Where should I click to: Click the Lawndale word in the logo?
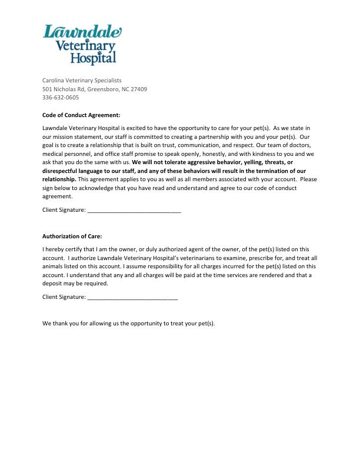(82, 32)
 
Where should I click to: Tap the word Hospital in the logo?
(93, 58)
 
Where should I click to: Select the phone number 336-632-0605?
(61, 98)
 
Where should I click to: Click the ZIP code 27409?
(139, 89)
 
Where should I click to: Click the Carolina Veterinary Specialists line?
(82, 80)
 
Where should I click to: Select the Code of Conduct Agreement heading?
(81, 115)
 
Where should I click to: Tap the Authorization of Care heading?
(72, 236)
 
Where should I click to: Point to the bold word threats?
(259, 162)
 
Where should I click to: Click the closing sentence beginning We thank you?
(129, 324)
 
